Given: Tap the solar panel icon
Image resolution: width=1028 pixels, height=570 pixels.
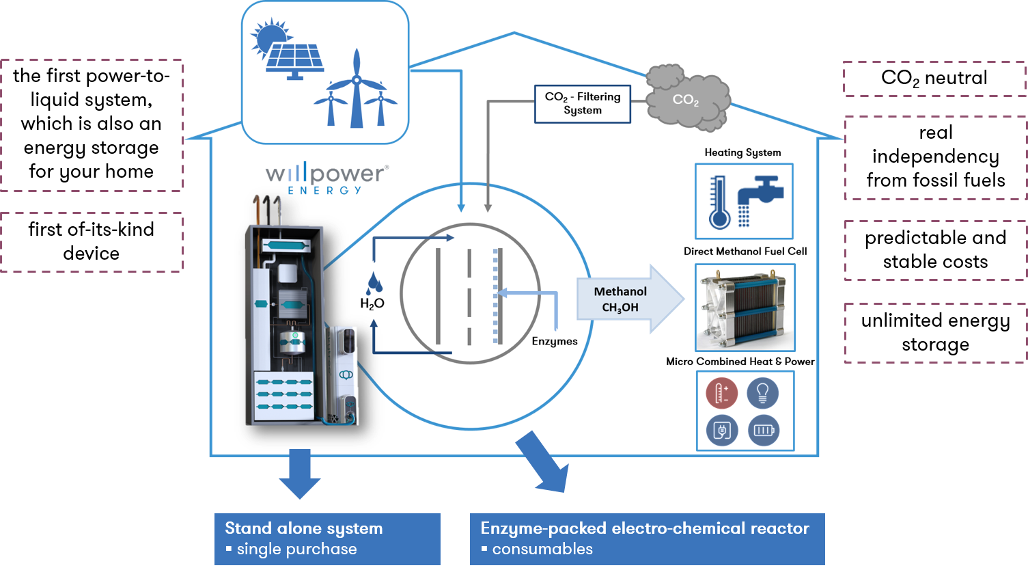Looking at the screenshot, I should (x=295, y=60).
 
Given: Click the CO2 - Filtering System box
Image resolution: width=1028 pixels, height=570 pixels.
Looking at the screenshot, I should (x=582, y=104).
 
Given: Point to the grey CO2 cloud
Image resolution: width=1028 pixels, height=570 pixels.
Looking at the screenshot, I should (x=686, y=99).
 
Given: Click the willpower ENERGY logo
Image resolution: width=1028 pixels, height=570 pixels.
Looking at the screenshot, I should (x=327, y=178).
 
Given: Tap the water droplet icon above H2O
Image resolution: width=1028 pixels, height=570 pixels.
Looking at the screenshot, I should (x=374, y=282).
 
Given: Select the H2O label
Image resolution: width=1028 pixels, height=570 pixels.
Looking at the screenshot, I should (x=372, y=303).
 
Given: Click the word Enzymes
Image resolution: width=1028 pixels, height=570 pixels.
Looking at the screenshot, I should (x=555, y=341).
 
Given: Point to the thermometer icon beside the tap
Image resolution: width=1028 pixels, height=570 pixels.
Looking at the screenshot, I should (x=719, y=202).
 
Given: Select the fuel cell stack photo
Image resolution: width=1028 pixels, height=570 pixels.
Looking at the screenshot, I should (x=745, y=308).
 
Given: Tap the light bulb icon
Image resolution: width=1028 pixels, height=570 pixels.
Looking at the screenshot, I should (x=763, y=393).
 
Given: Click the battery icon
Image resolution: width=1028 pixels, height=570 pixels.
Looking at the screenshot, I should (x=763, y=431).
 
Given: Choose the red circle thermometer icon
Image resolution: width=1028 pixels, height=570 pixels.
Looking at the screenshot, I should (x=721, y=393).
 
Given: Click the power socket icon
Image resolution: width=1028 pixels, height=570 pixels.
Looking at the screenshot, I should (x=721, y=431).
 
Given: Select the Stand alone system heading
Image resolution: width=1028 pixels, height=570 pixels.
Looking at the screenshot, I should (x=303, y=528).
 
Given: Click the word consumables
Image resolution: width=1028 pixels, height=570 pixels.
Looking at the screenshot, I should (x=542, y=549).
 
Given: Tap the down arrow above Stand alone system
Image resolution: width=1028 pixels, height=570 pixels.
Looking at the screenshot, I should (x=299, y=473).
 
